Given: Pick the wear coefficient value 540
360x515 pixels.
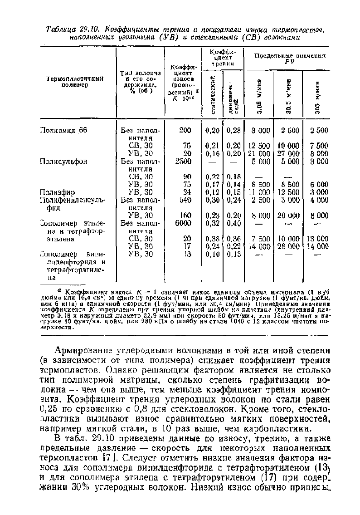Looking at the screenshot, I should click(x=185, y=200).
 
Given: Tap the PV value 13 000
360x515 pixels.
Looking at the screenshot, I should click(x=319, y=239).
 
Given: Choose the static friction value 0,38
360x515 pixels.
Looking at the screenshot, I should click(x=212, y=239).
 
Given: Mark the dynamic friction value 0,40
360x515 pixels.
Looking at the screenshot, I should click(x=234, y=223).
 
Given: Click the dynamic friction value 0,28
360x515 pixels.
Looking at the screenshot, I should click(x=234, y=131).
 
